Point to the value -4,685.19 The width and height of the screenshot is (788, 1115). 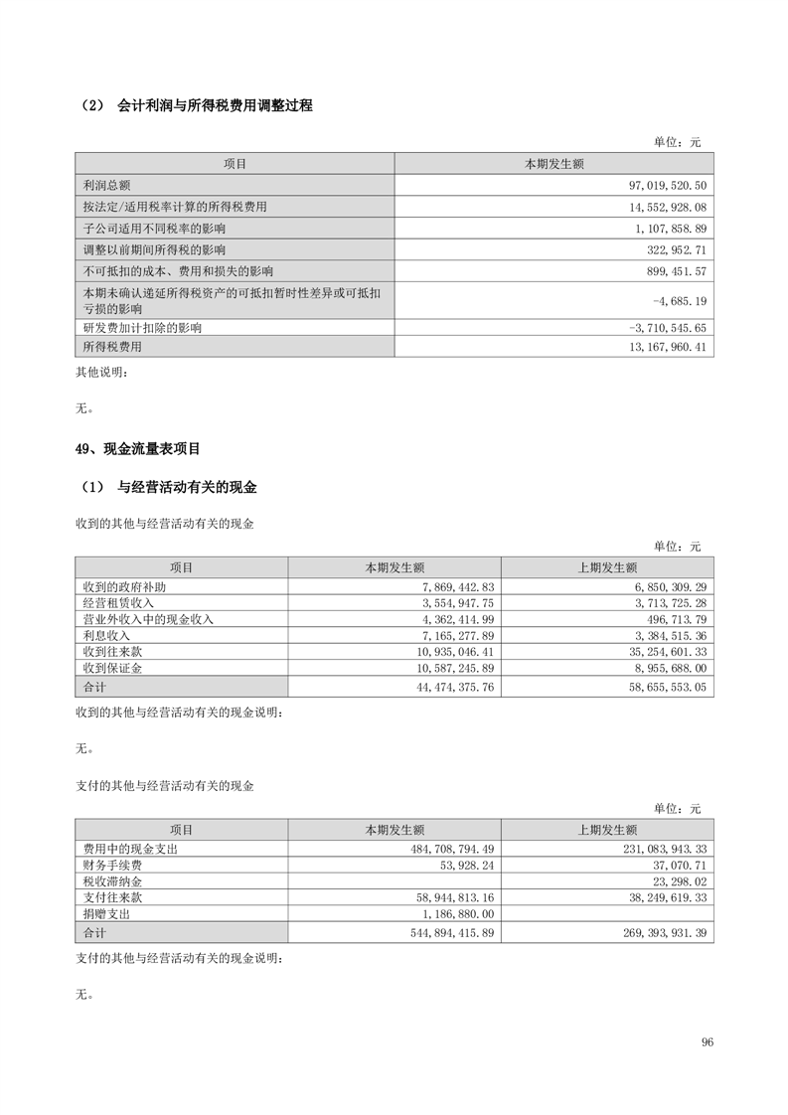tap(680, 300)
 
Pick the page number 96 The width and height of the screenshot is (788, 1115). tap(707, 1042)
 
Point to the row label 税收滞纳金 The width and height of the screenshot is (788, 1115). tap(112, 881)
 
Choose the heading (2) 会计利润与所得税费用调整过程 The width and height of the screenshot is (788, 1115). tap(195, 105)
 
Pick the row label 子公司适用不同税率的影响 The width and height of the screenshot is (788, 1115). tap(156, 229)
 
